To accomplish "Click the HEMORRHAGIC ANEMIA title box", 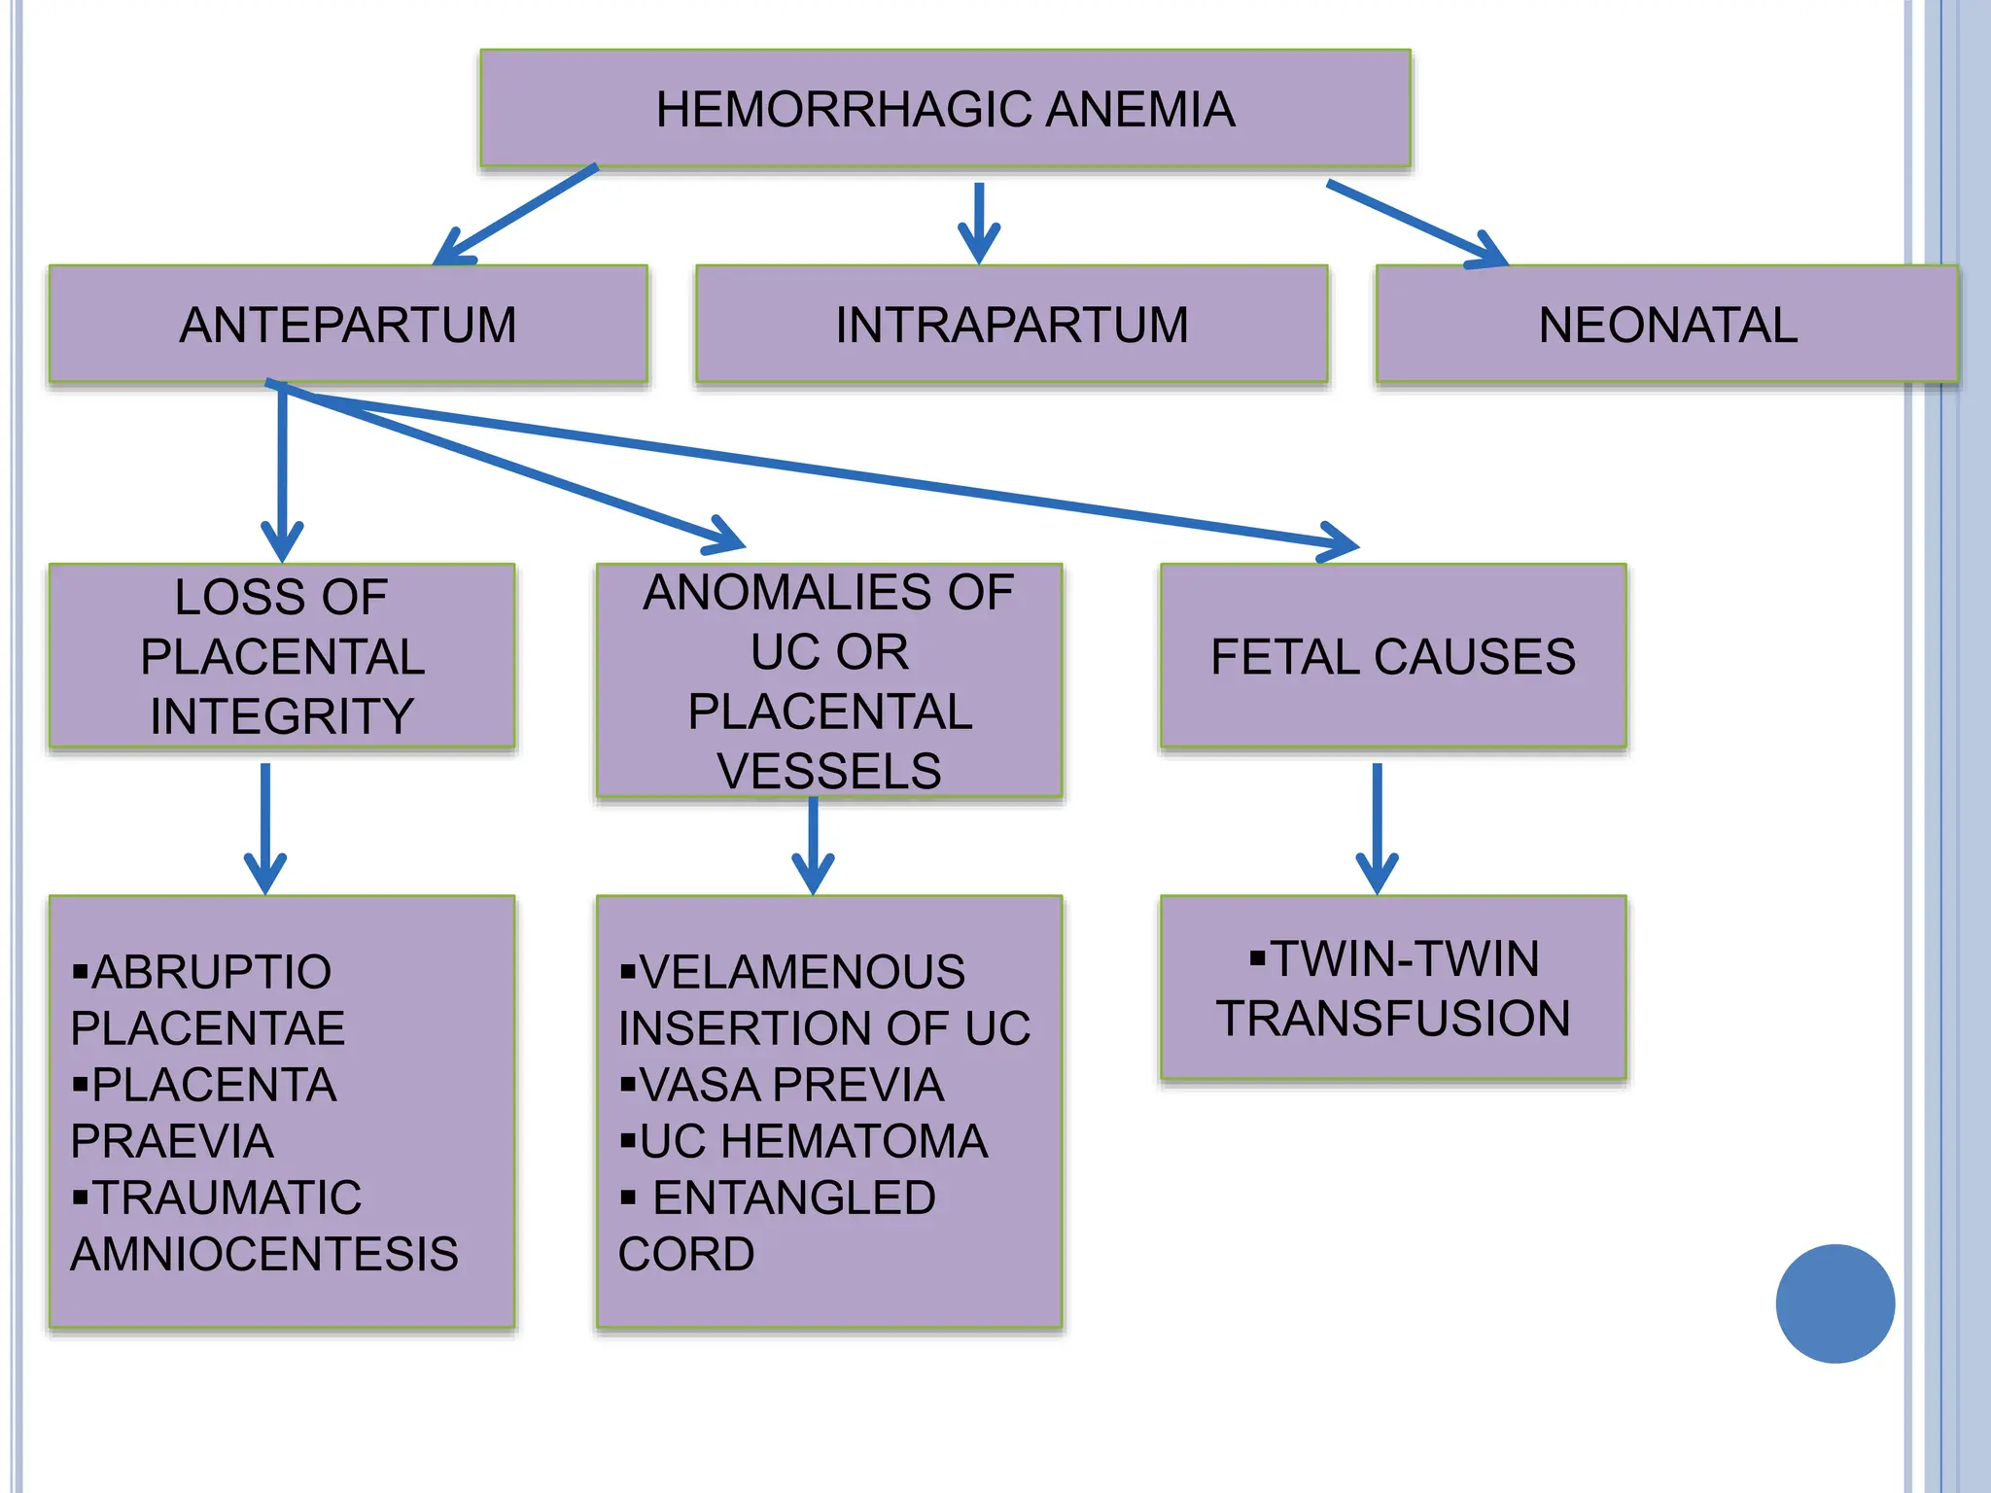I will pyautogui.click(x=945, y=109).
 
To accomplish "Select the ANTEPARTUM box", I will pyautogui.click(x=348, y=325).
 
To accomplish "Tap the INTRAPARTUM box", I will pyautogui.click(x=1011, y=325).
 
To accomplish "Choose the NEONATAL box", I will pyautogui.click(x=1667, y=325).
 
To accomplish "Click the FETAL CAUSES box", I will pyautogui.click(x=1392, y=656).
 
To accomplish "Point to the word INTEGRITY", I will pyautogui.click(x=282, y=716).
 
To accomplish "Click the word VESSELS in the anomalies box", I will pyautogui.click(x=828, y=771).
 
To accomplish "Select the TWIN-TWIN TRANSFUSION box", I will pyautogui.click(x=1392, y=988).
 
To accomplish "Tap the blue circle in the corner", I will pyautogui.click(x=1834, y=1303).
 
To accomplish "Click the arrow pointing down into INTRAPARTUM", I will pyautogui.click(x=979, y=224).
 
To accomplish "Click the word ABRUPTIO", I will pyautogui.click(x=212, y=972).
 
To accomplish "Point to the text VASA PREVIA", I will pyautogui.click(x=791, y=1085).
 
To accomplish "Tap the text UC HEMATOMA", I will pyautogui.click(x=814, y=1141).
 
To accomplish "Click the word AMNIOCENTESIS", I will pyautogui.click(x=264, y=1254).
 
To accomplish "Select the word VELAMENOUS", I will pyautogui.click(x=802, y=972).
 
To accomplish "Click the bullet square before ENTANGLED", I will pyautogui.click(x=628, y=1198).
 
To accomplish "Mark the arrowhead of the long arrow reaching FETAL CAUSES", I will pyautogui.click(x=1342, y=542).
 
